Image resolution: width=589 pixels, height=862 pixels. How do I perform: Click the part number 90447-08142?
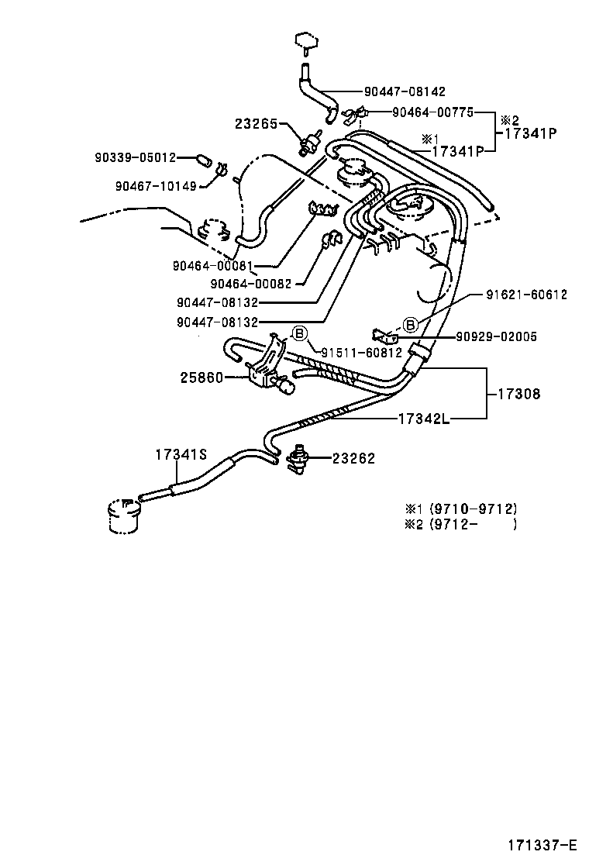[x=405, y=91]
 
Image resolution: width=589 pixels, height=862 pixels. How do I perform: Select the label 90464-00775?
[x=432, y=112]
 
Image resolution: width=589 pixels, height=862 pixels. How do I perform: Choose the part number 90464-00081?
[x=212, y=265]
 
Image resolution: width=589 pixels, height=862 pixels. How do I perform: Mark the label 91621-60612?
[x=526, y=295]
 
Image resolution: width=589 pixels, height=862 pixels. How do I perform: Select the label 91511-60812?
[x=361, y=353]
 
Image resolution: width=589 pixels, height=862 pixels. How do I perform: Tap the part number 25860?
[x=201, y=378]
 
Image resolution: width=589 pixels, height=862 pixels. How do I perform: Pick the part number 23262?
[x=353, y=458]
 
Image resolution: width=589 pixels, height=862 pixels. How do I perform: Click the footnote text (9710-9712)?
[x=470, y=509]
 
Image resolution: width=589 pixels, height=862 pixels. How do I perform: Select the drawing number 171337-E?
[x=542, y=843]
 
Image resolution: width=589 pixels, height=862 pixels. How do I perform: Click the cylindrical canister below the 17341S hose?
[x=124, y=515]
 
